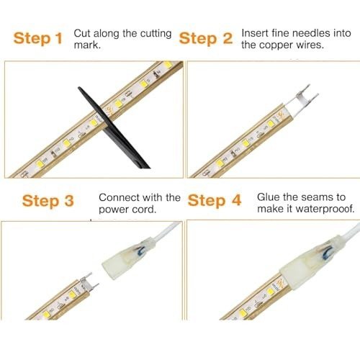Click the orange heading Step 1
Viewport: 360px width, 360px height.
(x=38, y=38)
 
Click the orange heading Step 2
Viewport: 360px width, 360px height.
(x=206, y=38)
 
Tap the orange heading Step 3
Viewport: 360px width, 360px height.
(x=48, y=201)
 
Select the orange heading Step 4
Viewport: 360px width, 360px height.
(x=215, y=200)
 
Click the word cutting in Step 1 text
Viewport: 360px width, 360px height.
(x=156, y=34)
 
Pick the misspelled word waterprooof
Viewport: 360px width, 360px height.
(x=325, y=209)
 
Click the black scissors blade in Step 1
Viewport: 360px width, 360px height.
(x=113, y=127)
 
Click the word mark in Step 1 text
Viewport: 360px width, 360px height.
(x=86, y=45)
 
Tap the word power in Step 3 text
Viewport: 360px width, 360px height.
(x=114, y=210)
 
